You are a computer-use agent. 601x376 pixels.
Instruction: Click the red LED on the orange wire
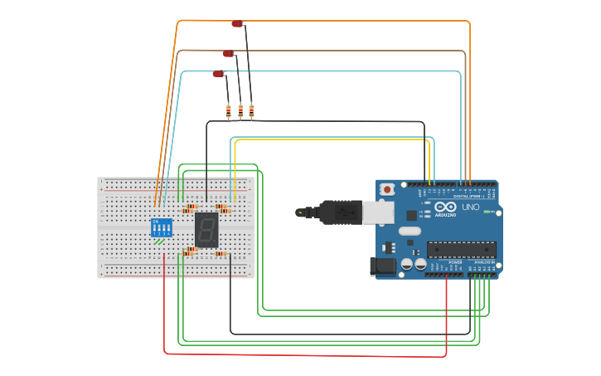coord(237,24)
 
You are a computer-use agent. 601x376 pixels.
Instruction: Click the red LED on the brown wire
coord(228,54)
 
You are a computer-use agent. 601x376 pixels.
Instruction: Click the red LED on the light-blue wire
coord(218,75)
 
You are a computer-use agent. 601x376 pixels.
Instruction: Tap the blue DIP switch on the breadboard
coord(162,227)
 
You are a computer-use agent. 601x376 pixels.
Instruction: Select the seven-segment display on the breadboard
coord(206,229)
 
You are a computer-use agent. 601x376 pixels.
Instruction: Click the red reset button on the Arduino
coord(386,188)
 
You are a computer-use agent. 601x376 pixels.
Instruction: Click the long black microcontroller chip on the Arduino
coord(462,249)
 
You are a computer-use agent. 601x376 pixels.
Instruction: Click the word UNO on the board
coord(470,207)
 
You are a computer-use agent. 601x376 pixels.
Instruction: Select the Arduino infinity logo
coord(446,207)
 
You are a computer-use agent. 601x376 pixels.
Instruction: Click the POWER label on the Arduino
coord(455,261)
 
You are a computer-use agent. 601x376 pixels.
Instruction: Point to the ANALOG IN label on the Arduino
coord(483,261)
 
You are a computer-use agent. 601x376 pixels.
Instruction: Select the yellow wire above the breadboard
coord(332,139)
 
